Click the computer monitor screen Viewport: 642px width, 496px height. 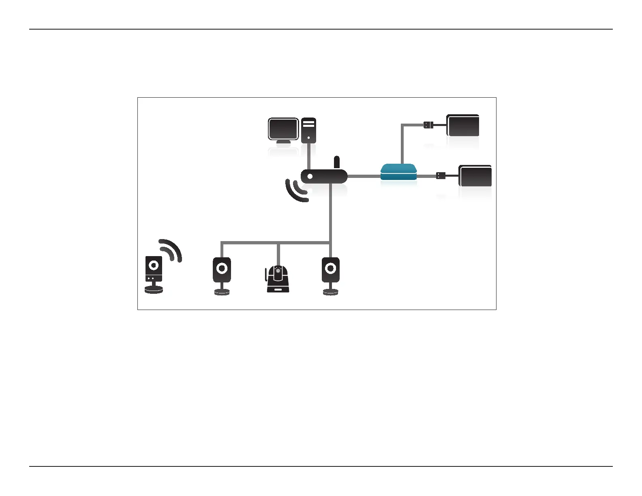pyautogui.click(x=283, y=129)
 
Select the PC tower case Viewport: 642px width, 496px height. pyautogui.click(x=308, y=130)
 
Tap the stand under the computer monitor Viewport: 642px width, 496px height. pyautogui.click(x=283, y=142)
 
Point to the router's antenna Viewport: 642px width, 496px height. pyautogui.click(x=336, y=162)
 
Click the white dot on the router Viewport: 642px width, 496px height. pyautogui.click(x=310, y=177)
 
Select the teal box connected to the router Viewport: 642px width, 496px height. pyautogui.click(x=399, y=172)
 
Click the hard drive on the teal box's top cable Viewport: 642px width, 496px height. pyautogui.click(x=463, y=125)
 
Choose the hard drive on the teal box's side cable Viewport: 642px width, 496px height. pyautogui.click(x=475, y=176)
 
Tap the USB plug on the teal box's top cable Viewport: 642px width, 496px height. pyautogui.click(x=428, y=125)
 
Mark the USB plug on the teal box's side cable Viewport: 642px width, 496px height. pyautogui.click(x=441, y=176)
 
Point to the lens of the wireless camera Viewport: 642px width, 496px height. pyautogui.click(x=154, y=265)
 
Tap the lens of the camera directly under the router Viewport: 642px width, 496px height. pyautogui.click(x=331, y=268)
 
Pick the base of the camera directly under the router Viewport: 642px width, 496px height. pyautogui.click(x=331, y=292)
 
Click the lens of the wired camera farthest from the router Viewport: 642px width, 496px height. pyautogui.click(x=222, y=268)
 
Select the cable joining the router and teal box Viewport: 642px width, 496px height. pyautogui.click(x=364, y=176)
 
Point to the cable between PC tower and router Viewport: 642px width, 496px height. pyautogui.click(x=309, y=156)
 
